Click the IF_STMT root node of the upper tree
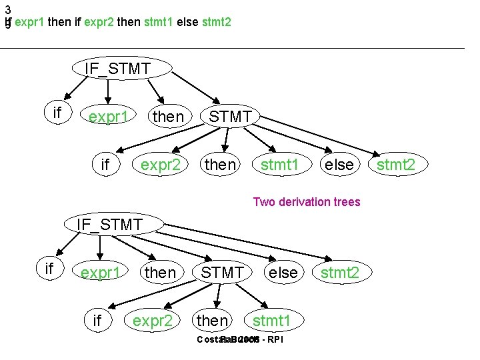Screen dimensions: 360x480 click(x=118, y=67)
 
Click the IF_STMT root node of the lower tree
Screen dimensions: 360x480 click(x=109, y=225)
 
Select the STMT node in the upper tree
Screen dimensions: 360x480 click(x=231, y=117)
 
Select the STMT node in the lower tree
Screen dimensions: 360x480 click(x=222, y=273)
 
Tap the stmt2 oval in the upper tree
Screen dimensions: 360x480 click(x=395, y=164)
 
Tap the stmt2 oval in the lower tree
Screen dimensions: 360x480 click(x=340, y=273)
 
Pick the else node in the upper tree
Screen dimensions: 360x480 click(x=338, y=164)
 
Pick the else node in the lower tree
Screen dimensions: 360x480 click(x=283, y=273)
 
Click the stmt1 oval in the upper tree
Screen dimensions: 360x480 click(x=279, y=164)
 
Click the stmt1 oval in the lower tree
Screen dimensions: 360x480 click(x=271, y=321)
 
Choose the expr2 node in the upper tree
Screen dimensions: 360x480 click(x=159, y=164)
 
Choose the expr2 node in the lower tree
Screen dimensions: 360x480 click(x=153, y=321)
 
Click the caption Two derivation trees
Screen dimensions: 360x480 click(x=306, y=202)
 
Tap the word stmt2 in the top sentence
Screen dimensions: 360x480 click(x=215, y=23)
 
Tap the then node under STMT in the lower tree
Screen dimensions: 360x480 click(x=212, y=321)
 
